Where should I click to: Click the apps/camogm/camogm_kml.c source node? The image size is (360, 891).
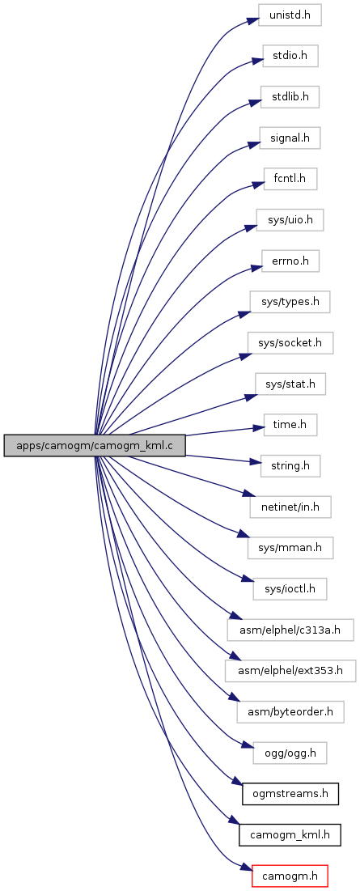tap(95, 445)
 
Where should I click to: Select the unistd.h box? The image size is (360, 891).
tap(290, 15)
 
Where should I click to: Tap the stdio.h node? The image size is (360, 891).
tap(290, 56)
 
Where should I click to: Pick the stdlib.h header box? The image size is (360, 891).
tap(290, 96)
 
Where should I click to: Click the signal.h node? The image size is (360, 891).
tap(290, 138)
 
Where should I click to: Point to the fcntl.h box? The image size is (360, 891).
tap(290, 179)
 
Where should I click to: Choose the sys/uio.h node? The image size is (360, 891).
tap(290, 220)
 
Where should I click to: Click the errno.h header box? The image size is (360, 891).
tap(290, 261)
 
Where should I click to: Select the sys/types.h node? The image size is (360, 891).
tap(290, 303)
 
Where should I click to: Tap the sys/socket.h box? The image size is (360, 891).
tap(290, 343)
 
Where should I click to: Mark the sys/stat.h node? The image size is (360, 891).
tap(290, 384)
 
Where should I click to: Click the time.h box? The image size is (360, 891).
tap(290, 426)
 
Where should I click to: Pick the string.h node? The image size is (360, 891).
tap(290, 466)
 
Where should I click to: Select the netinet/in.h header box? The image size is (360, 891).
tap(290, 507)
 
